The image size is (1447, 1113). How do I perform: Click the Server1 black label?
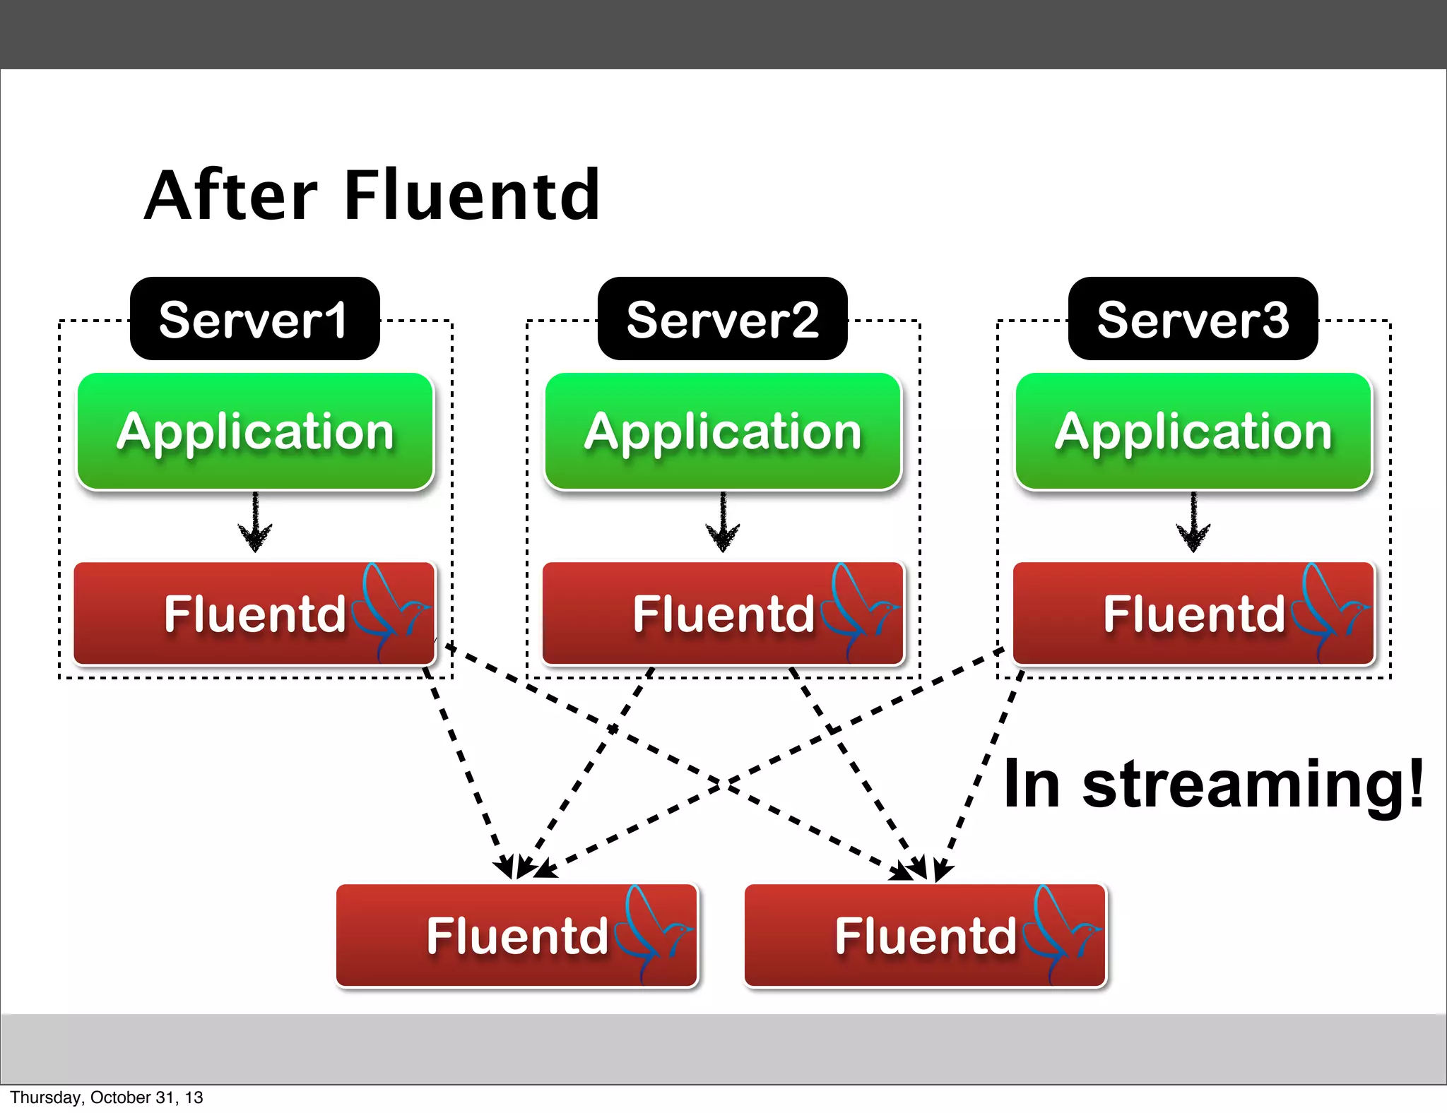(x=254, y=319)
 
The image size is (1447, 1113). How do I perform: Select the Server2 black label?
(x=722, y=319)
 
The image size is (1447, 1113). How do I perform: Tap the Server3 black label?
(x=1193, y=319)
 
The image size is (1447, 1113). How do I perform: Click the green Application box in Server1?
(x=254, y=431)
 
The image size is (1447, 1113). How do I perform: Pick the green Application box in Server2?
(x=723, y=431)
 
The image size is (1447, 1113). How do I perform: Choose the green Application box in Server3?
(x=1193, y=431)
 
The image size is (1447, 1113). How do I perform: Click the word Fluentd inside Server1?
(x=254, y=613)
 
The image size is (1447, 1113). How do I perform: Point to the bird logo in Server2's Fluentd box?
(x=858, y=609)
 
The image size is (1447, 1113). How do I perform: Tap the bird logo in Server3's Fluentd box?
(x=1328, y=609)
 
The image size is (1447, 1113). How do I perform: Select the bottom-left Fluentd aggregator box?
(x=516, y=935)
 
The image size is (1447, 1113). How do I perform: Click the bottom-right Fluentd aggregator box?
(x=925, y=935)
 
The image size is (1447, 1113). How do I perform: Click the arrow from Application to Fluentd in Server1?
(x=255, y=523)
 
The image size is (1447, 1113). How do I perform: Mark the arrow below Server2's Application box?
(x=723, y=523)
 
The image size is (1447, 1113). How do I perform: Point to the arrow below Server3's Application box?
(x=1193, y=523)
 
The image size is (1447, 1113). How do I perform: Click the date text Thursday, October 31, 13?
(x=106, y=1097)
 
